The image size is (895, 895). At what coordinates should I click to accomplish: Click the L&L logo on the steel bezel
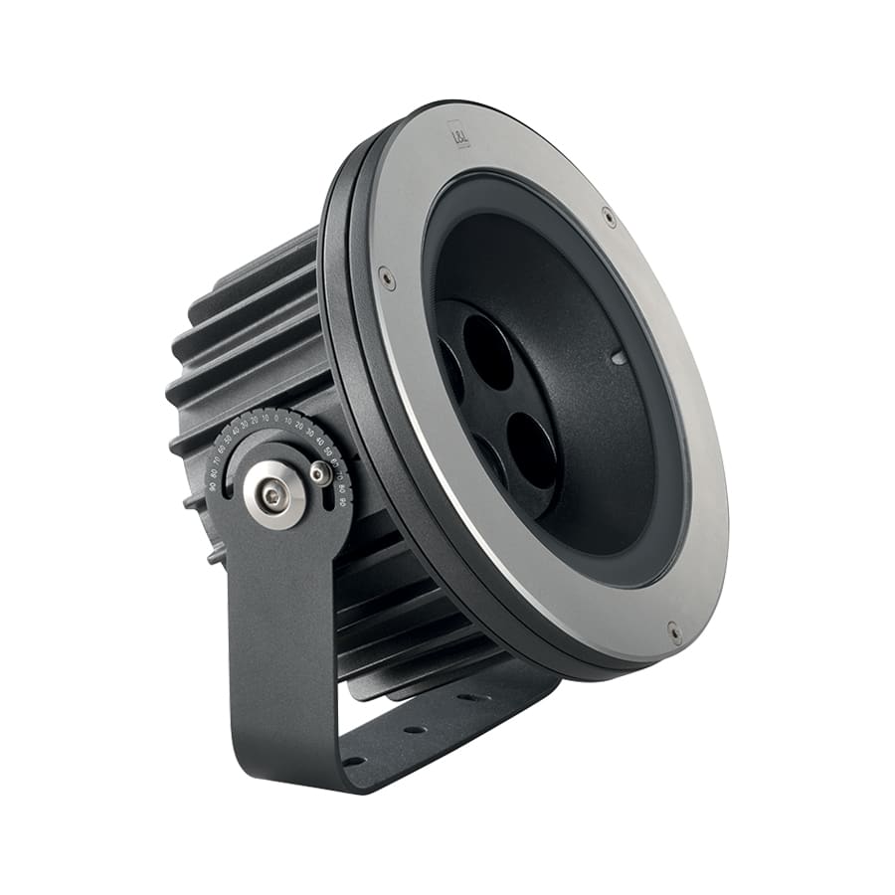459,130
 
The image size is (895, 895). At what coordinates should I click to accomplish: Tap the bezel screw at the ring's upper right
609,215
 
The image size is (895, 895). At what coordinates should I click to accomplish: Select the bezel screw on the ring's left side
386,277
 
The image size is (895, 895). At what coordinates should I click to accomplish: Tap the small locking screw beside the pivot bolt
319,473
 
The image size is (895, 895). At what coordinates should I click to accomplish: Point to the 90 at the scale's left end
213,485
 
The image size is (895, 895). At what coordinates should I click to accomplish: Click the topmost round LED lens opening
487,351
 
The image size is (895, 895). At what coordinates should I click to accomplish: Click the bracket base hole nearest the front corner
350,761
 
